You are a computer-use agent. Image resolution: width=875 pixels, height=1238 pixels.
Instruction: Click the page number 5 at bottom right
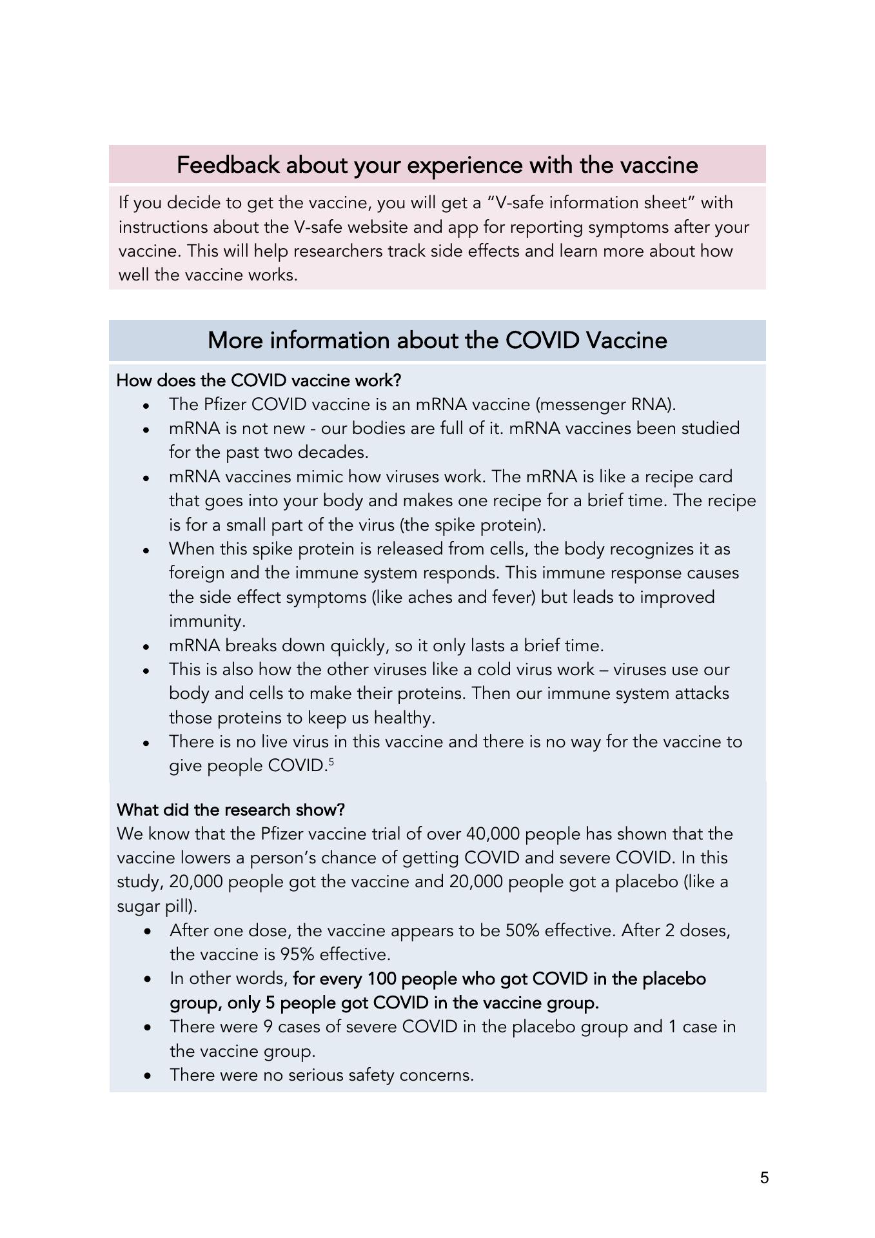(x=764, y=1177)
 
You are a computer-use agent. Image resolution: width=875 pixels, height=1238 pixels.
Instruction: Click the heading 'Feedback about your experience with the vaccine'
(x=437, y=165)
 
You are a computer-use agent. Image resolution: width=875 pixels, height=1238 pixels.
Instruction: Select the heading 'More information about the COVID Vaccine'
(x=437, y=340)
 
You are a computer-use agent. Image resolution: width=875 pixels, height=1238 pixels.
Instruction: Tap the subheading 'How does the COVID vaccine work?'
(x=259, y=380)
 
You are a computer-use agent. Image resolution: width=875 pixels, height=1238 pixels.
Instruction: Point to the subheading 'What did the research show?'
(x=231, y=809)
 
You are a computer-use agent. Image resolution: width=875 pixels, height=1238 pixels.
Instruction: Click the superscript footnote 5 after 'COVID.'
(x=331, y=761)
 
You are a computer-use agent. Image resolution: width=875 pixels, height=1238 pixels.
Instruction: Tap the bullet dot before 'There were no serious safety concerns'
(x=148, y=1076)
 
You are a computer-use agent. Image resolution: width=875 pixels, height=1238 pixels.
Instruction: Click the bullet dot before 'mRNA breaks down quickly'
(x=148, y=646)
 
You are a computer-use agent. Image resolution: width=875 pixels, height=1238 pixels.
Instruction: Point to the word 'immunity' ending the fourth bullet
(x=205, y=622)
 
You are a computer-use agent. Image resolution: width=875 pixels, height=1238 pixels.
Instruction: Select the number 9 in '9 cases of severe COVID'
(x=268, y=1027)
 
